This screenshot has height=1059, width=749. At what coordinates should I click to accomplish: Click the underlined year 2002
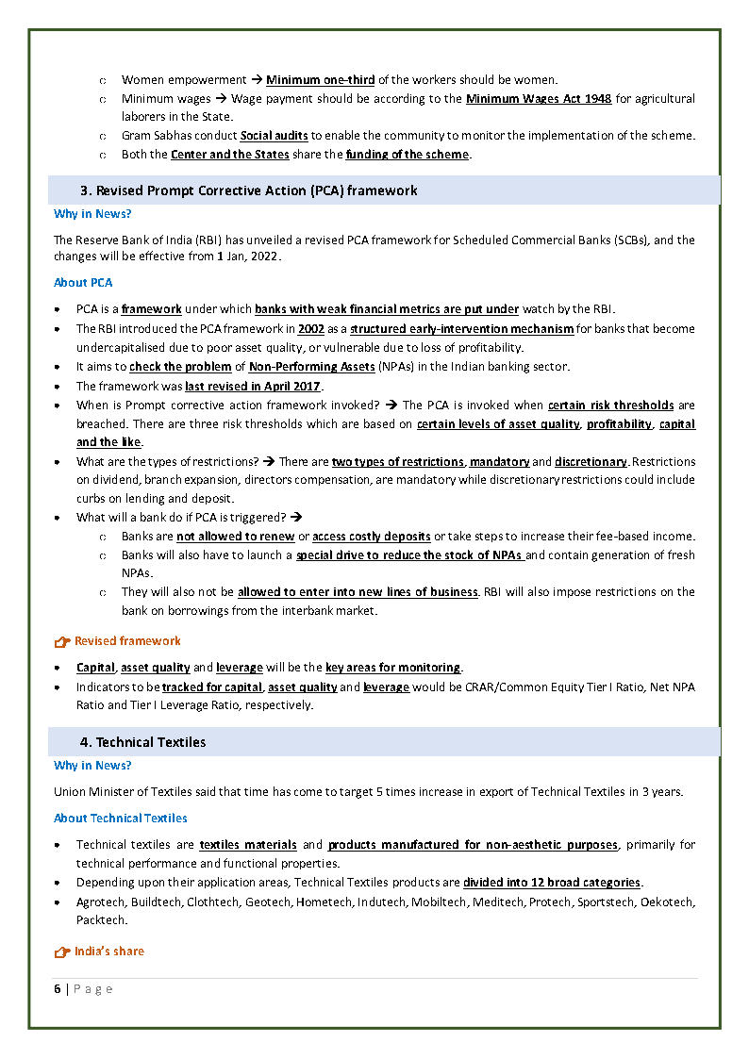point(310,329)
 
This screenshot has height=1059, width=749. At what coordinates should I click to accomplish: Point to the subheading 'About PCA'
point(83,283)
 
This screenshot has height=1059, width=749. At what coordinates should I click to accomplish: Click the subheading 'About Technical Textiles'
point(120,819)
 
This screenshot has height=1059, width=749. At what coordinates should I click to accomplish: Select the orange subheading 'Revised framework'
point(127,641)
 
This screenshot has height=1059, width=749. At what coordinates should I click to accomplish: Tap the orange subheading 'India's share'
point(109,951)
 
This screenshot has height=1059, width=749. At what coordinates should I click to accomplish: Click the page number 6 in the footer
point(58,989)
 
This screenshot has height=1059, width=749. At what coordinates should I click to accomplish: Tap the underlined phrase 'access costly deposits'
point(372,537)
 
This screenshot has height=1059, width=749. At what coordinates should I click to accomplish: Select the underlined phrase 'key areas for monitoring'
point(392,668)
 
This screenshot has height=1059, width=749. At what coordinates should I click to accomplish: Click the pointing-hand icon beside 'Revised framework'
point(62,642)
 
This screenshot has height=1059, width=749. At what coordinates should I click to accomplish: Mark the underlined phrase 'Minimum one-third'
point(320,80)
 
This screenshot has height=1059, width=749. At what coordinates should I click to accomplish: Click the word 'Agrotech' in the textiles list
point(101,902)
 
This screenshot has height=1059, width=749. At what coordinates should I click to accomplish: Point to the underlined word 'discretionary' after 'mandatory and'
point(591,462)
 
